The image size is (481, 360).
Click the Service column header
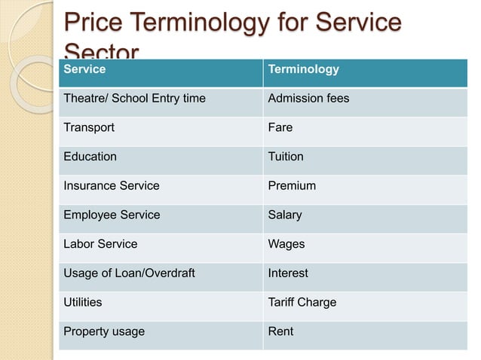84,69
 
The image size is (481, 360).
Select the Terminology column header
303,69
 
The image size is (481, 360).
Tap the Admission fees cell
308,99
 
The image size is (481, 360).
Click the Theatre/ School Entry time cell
134,99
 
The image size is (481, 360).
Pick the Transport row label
89,127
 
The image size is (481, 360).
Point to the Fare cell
280,127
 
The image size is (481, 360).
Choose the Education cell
90,157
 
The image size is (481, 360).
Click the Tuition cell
286,157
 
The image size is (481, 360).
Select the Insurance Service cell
112,185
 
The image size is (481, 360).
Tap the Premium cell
292,185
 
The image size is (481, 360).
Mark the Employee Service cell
112,215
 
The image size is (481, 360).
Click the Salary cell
285,215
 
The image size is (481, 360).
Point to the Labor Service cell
100,244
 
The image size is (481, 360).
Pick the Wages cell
286,244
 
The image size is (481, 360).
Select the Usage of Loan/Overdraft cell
129,273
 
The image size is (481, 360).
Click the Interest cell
288,273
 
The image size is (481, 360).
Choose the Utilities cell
83,302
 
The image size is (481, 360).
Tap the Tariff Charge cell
302,302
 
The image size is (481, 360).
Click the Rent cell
280,331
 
